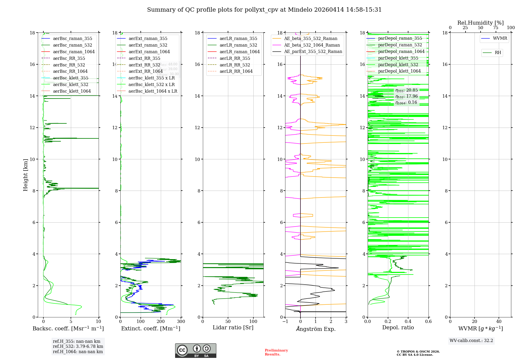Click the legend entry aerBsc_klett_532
71,85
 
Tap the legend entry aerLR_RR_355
235,58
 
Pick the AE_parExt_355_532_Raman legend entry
313,52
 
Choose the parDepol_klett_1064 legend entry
399,71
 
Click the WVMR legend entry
500,38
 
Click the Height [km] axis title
25,175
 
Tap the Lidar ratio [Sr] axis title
233,328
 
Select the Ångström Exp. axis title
316,329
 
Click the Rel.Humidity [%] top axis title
480,23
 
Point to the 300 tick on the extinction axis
181,322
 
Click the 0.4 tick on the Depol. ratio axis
408,322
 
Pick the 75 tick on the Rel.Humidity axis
496,28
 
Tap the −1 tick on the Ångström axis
285,322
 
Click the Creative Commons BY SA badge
195,351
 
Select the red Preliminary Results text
276,352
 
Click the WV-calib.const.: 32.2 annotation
471,341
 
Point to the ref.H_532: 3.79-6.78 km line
78,346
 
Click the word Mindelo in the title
300,10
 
